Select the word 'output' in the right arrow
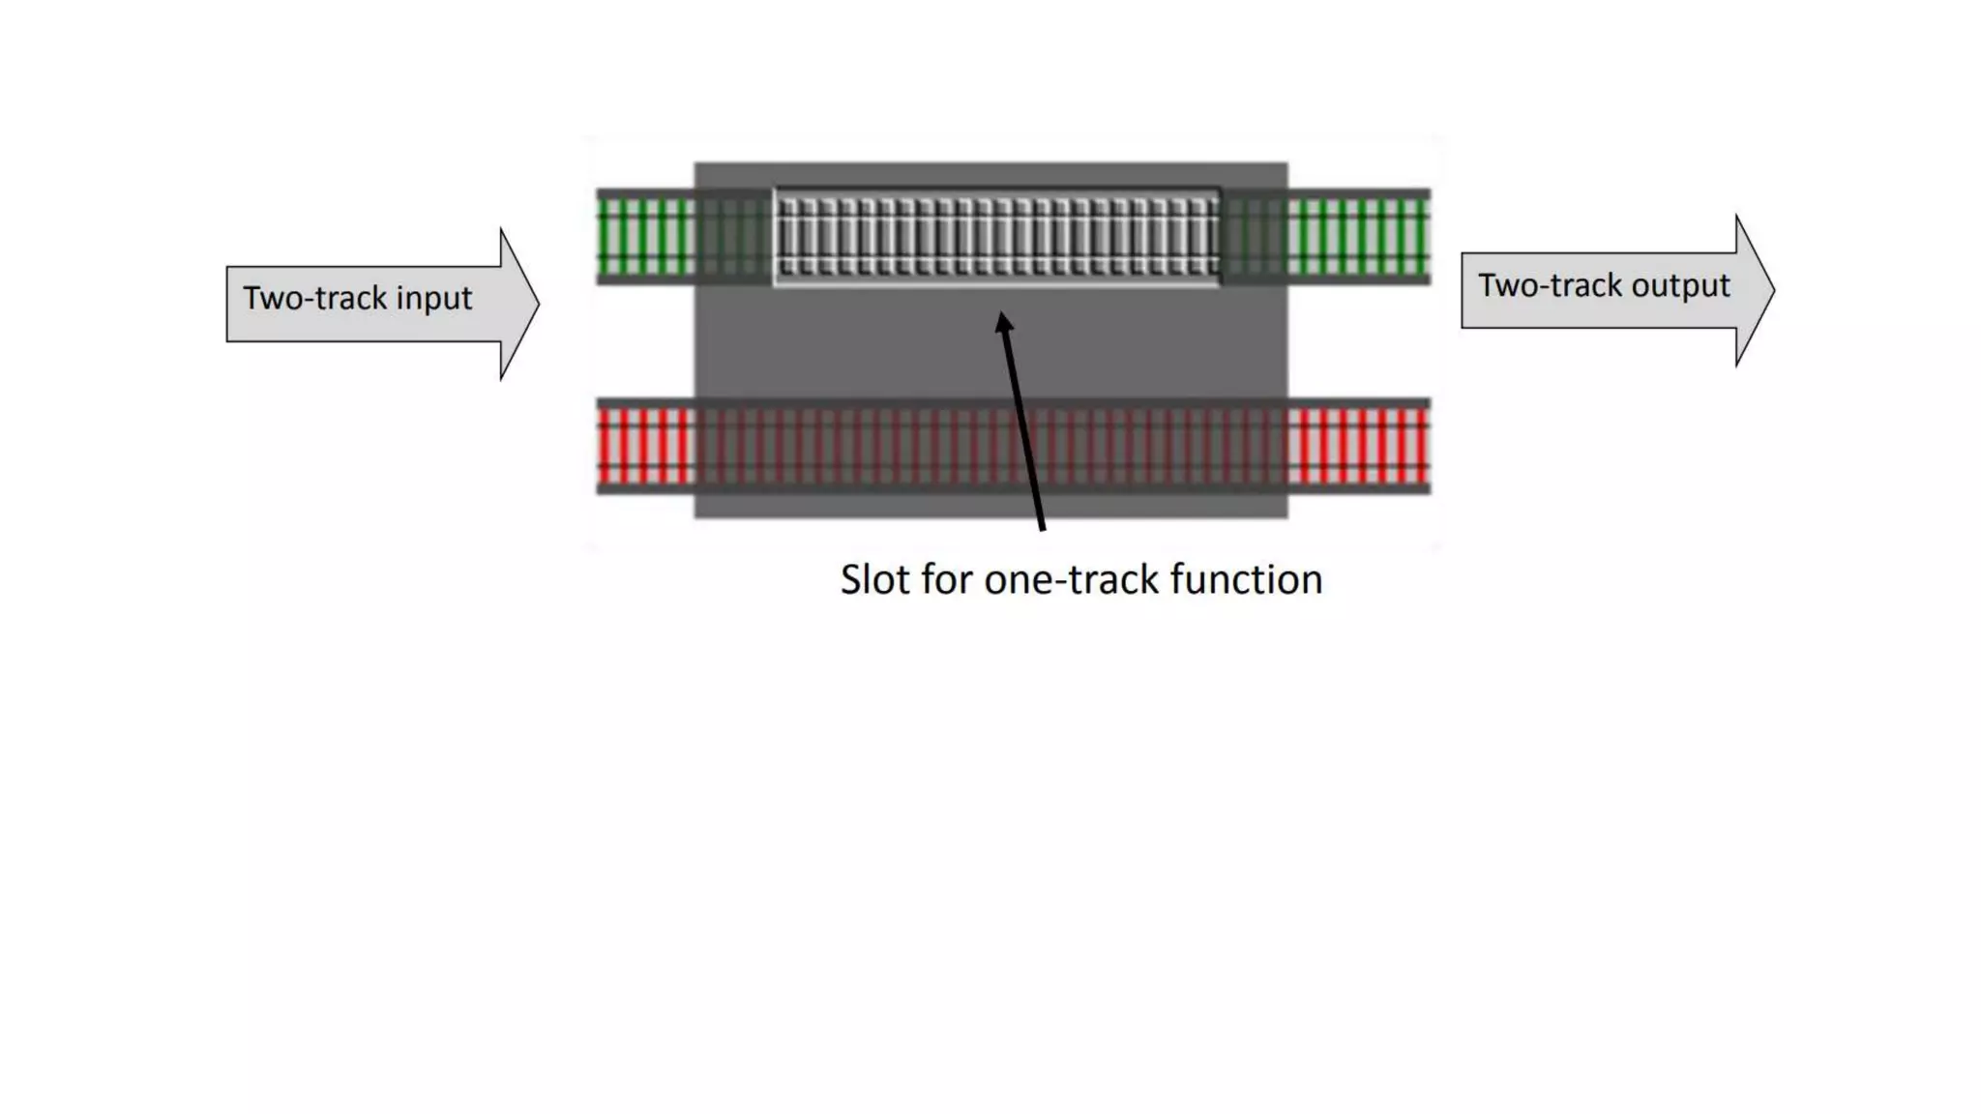tap(1680, 286)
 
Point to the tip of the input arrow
tap(537, 304)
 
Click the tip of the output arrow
tap(1773, 290)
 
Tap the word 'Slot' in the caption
tap(874, 580)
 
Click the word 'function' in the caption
tap(1246, 580)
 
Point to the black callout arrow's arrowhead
tap(1004, 323)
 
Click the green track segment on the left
tap(645, 237)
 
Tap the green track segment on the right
tap(1358, 237)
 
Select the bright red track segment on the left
tap(645, 446)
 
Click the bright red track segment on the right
tap(1358, 446)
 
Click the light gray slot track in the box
tap(996, 237)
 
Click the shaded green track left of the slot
tap(734, 237)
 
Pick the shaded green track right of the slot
tap(1254, 237)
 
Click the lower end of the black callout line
tap(1042, 527)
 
